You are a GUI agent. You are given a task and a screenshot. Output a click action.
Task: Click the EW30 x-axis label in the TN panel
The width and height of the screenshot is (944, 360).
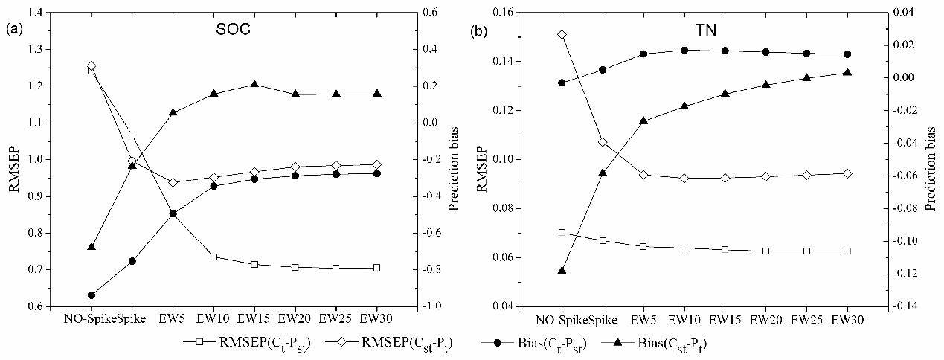coord(847,320)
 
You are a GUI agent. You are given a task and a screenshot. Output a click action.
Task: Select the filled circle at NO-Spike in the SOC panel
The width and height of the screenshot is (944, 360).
coord(91,295)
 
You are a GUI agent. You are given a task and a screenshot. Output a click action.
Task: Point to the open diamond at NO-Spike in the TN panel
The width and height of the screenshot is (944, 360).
coord(562,35)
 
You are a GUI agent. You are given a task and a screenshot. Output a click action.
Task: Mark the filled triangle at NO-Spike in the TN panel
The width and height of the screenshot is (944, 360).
coord(562,270)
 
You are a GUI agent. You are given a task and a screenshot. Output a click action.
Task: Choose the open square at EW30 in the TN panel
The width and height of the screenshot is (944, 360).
coord(847,251)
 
